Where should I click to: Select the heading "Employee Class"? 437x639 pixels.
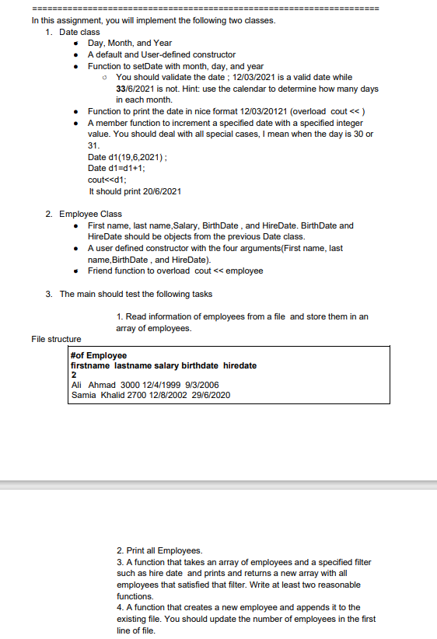coord(90,214)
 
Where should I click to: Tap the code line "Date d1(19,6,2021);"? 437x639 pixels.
coord(129,157)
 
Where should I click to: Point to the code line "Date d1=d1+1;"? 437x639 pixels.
coord(118,168)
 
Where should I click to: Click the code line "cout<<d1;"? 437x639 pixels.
coord(107,180)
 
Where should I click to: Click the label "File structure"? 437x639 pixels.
coord(56,339)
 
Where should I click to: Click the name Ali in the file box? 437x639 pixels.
coord(76,385)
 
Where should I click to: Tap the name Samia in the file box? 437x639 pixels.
coord(83,395)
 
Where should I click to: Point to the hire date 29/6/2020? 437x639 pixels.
coord(212,395)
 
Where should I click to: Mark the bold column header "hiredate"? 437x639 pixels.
coord(239,365)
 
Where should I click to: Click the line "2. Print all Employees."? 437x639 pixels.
coord(159,550)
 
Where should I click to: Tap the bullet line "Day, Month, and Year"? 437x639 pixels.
coord(130,44)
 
